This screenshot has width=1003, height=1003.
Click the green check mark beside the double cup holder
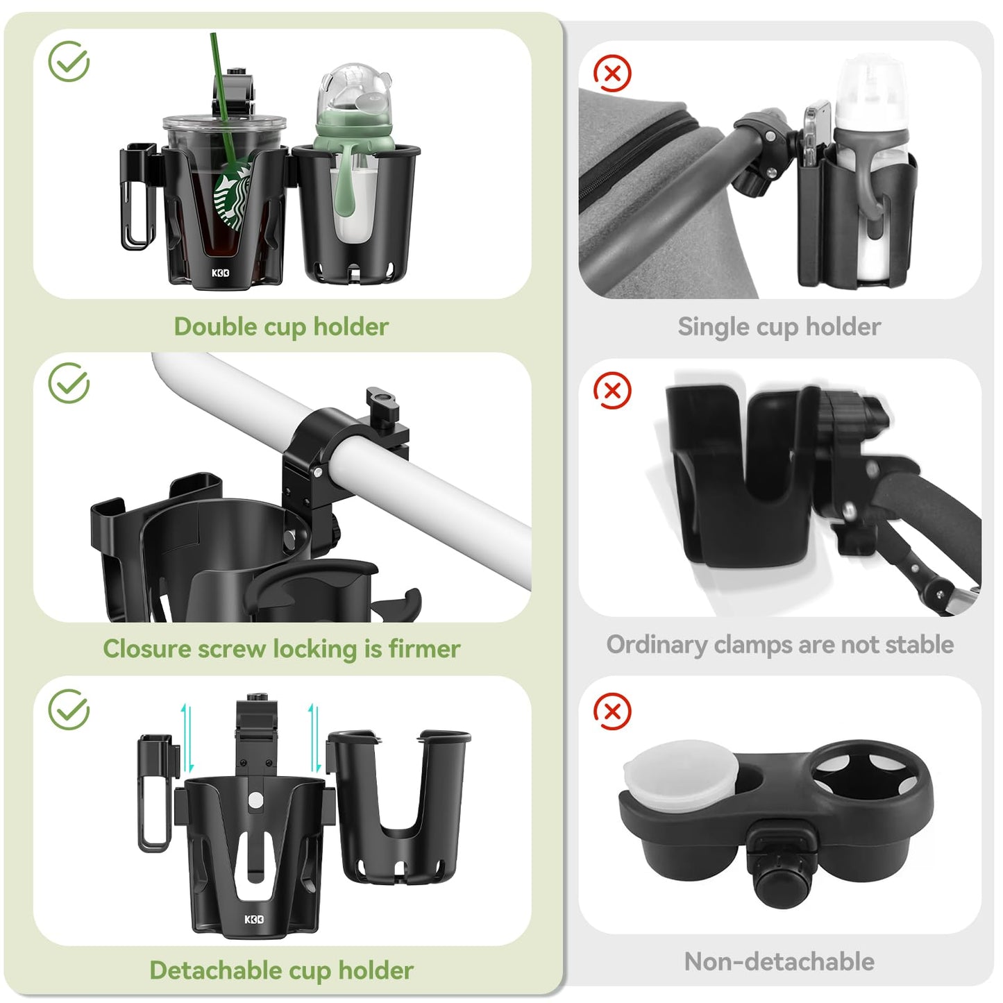[69, 61]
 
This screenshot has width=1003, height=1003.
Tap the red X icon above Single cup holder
[612, 73]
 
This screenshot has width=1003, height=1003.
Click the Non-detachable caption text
[779, 961]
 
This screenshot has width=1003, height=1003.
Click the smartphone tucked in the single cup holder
[816, 132]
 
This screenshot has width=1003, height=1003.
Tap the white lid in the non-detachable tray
[680, 768]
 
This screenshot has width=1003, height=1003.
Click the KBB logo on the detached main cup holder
[254, 919]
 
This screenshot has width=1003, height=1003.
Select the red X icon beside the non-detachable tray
[612, 711]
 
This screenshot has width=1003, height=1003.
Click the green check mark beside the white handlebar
[69, 382]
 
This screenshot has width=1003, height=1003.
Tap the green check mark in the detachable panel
[69, 709]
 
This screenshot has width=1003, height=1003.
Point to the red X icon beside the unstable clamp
[612, 390]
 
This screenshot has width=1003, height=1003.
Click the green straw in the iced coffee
[223, 104]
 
